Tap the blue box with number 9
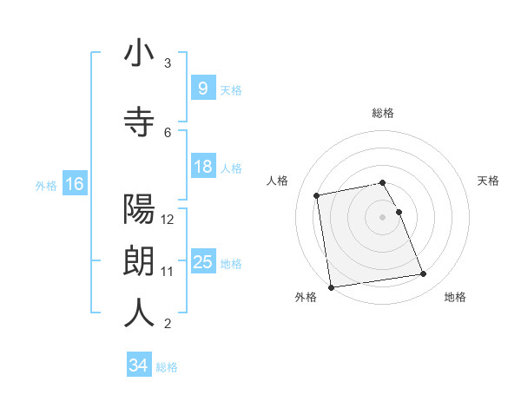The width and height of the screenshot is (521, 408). (x=202, y=89)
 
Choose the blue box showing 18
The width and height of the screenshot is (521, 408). (x=202, y=167)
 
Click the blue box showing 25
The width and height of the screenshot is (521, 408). (x=202, y=262)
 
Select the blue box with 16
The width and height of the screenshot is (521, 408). (x=74, y=184)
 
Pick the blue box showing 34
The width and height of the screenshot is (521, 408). (x=138, y=366)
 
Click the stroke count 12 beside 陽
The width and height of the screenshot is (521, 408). (x=168, y=219)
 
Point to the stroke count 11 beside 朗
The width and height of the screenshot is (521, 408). (x=168, y=272)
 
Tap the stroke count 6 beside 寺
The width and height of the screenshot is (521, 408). (x=168, y=132)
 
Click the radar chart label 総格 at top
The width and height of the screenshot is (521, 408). (x=383, y=113)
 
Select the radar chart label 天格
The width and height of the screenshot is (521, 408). (x=488, y=181)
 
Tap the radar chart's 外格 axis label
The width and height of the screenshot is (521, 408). (x=305, y=297)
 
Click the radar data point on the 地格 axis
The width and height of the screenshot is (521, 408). (x=423, y=274)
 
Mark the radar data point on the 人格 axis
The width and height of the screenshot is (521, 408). (x=317, y=194)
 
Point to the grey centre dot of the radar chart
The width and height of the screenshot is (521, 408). (x=383, y=217)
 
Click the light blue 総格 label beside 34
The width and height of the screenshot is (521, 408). (x=167, y=367)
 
